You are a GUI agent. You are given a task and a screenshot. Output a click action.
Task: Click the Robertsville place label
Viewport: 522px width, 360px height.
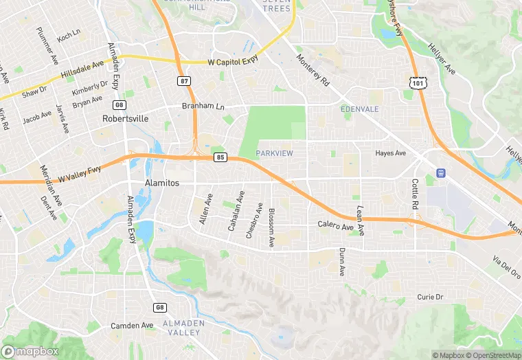point(125,118)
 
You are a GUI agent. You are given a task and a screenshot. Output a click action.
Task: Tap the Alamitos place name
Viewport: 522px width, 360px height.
point(143,183)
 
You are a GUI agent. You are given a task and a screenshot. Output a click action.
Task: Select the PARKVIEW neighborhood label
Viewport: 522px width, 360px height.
point(274,153)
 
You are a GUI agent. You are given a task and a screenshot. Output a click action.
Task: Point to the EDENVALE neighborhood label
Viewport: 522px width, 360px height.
point(359,109)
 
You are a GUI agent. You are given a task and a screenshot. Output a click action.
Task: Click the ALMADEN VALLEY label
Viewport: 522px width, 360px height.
point(181,328)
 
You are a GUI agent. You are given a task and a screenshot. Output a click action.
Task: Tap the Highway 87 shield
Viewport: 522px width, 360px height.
point(183,81)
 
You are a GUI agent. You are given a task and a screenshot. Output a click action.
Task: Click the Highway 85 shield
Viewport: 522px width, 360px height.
point(220,157)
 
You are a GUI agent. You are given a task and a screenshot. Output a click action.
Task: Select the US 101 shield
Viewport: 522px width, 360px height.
point(418,82)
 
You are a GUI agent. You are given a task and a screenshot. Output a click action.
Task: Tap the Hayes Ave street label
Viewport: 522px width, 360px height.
point(391,153)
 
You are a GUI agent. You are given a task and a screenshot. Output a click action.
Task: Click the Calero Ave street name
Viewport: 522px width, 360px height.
point(335,225)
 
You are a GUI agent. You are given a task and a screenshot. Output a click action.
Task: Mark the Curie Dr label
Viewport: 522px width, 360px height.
point(430,297)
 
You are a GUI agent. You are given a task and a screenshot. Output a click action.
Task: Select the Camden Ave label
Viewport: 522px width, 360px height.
point(133,325)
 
